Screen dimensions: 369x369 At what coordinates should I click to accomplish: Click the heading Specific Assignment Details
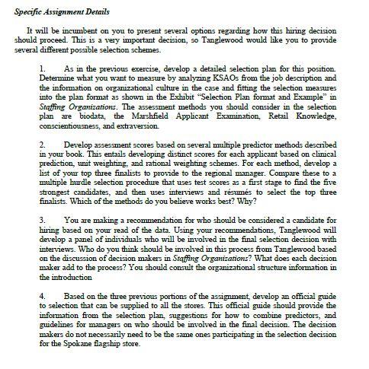[62, 12]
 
